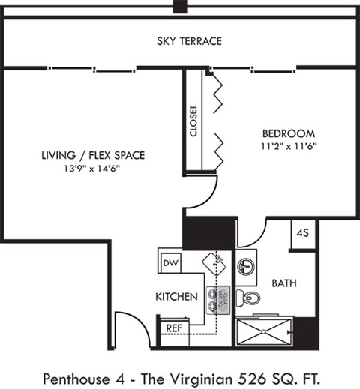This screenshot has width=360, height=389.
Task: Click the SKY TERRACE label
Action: [189, 41]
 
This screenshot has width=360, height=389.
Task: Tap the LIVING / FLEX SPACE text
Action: [93, 155]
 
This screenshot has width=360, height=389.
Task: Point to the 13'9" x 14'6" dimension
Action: [93, 168]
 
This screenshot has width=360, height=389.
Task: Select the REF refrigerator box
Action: [174, 328]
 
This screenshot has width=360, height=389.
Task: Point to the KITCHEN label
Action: [176, 297]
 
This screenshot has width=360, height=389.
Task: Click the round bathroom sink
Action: [246, 267]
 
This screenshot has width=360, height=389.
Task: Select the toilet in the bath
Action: [250, 299]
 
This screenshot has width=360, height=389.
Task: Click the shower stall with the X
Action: [265, 331]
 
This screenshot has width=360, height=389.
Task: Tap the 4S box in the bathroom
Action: [304, 232]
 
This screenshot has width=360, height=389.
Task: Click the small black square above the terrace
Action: [179, 7]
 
